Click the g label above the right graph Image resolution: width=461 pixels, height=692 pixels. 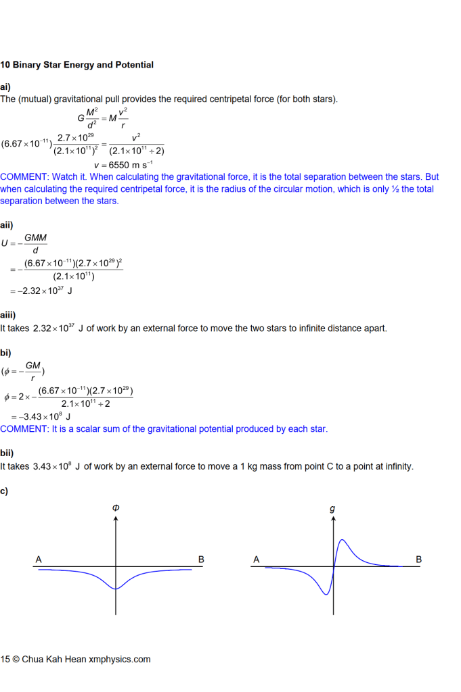point(332,509)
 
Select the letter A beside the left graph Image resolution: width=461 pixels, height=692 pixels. point(39,560)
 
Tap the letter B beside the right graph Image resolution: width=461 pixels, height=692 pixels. point(418,560)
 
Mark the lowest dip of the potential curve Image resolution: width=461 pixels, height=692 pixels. point(116,589)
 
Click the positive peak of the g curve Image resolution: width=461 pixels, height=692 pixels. point(343,540)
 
